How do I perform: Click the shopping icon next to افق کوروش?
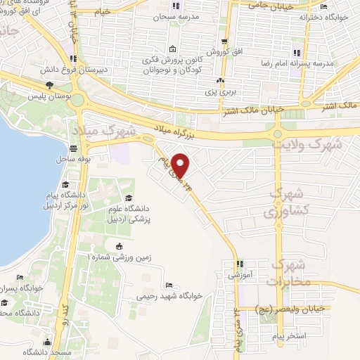click(x=224, y=42)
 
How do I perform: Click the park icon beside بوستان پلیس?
click(x=49, y=86)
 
